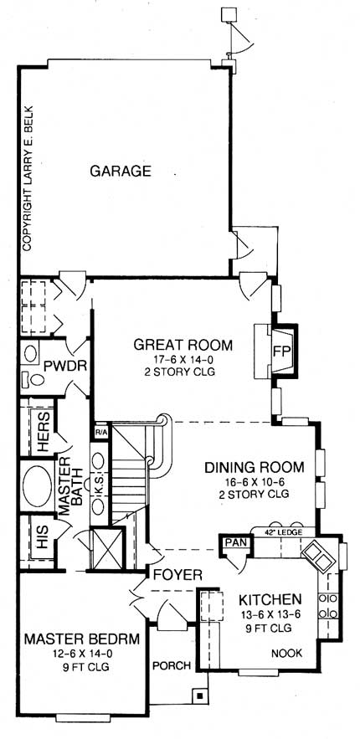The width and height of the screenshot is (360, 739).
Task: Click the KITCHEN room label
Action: pos(270,600)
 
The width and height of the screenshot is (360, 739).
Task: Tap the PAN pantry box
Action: pos(231,545)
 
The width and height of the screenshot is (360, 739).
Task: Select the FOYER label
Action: pos(176,575)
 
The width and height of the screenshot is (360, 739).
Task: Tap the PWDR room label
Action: pos(66,367)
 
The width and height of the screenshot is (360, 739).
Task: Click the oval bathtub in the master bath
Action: pos(38,485)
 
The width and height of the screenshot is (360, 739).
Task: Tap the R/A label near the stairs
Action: pos(101,432)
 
